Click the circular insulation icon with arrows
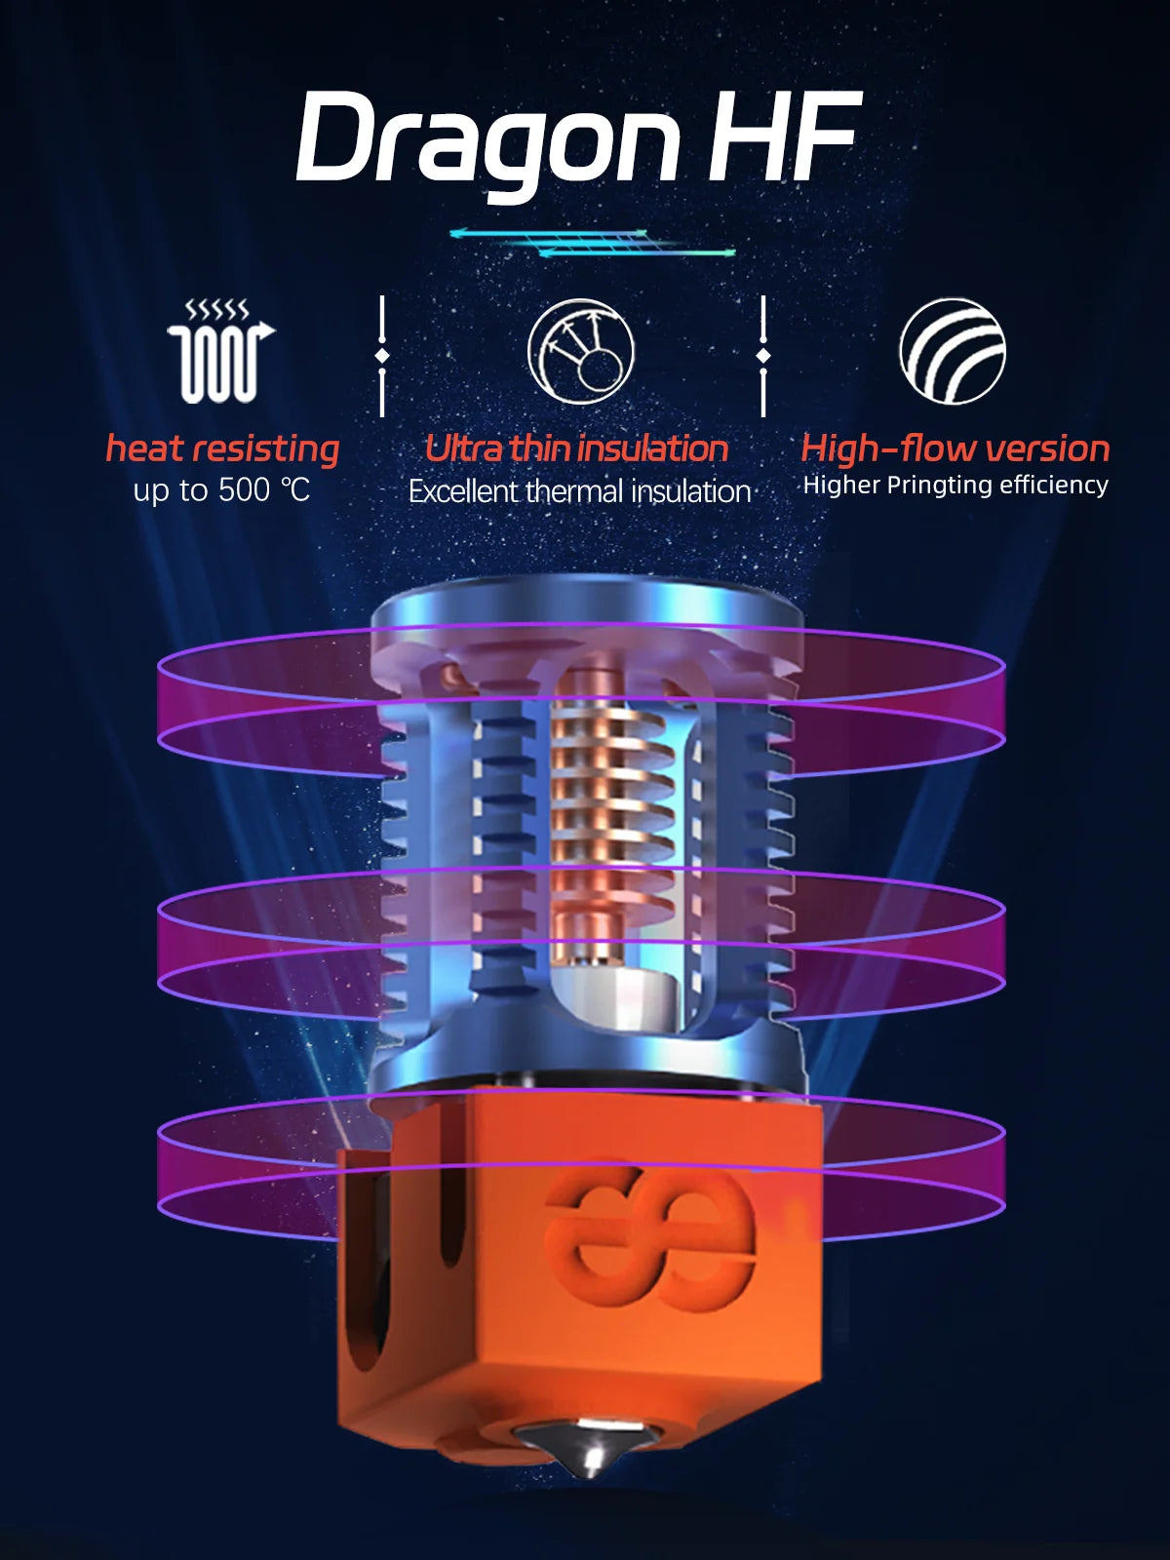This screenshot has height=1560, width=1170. point(581,351)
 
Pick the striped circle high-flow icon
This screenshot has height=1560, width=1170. point(952,351)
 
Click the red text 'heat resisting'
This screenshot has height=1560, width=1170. point(222,448)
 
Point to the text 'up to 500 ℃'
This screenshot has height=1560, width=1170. point(222,489)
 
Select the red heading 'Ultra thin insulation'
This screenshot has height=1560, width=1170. point(577,448)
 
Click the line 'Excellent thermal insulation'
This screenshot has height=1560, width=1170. point(579,491)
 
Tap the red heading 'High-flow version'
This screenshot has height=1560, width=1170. point(955,448)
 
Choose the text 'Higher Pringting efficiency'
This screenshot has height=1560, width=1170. point(955,485)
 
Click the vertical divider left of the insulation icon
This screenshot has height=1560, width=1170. point(382,356)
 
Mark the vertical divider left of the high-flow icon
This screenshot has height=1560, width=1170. point(763,356)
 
